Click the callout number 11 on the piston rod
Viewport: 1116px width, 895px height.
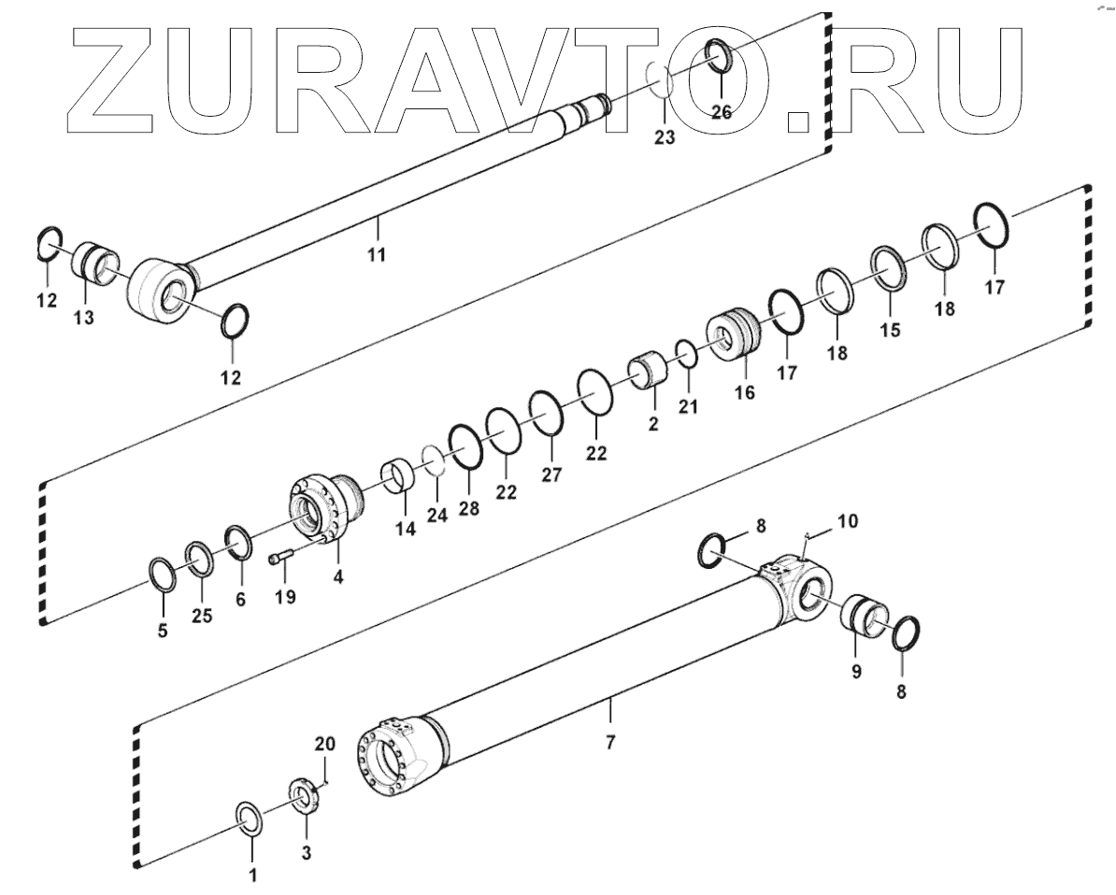[x=377, y=254]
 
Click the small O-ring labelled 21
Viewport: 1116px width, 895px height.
[x=685, y=354]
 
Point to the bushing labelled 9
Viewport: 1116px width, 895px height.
[x=866, y=617]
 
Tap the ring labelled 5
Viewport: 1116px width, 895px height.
[x=162, y=575]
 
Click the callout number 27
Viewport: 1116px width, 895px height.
[x=551, y=474]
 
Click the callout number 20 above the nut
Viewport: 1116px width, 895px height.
[x=323, y=745]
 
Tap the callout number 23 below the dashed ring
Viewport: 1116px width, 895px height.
[x=665, y=136]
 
